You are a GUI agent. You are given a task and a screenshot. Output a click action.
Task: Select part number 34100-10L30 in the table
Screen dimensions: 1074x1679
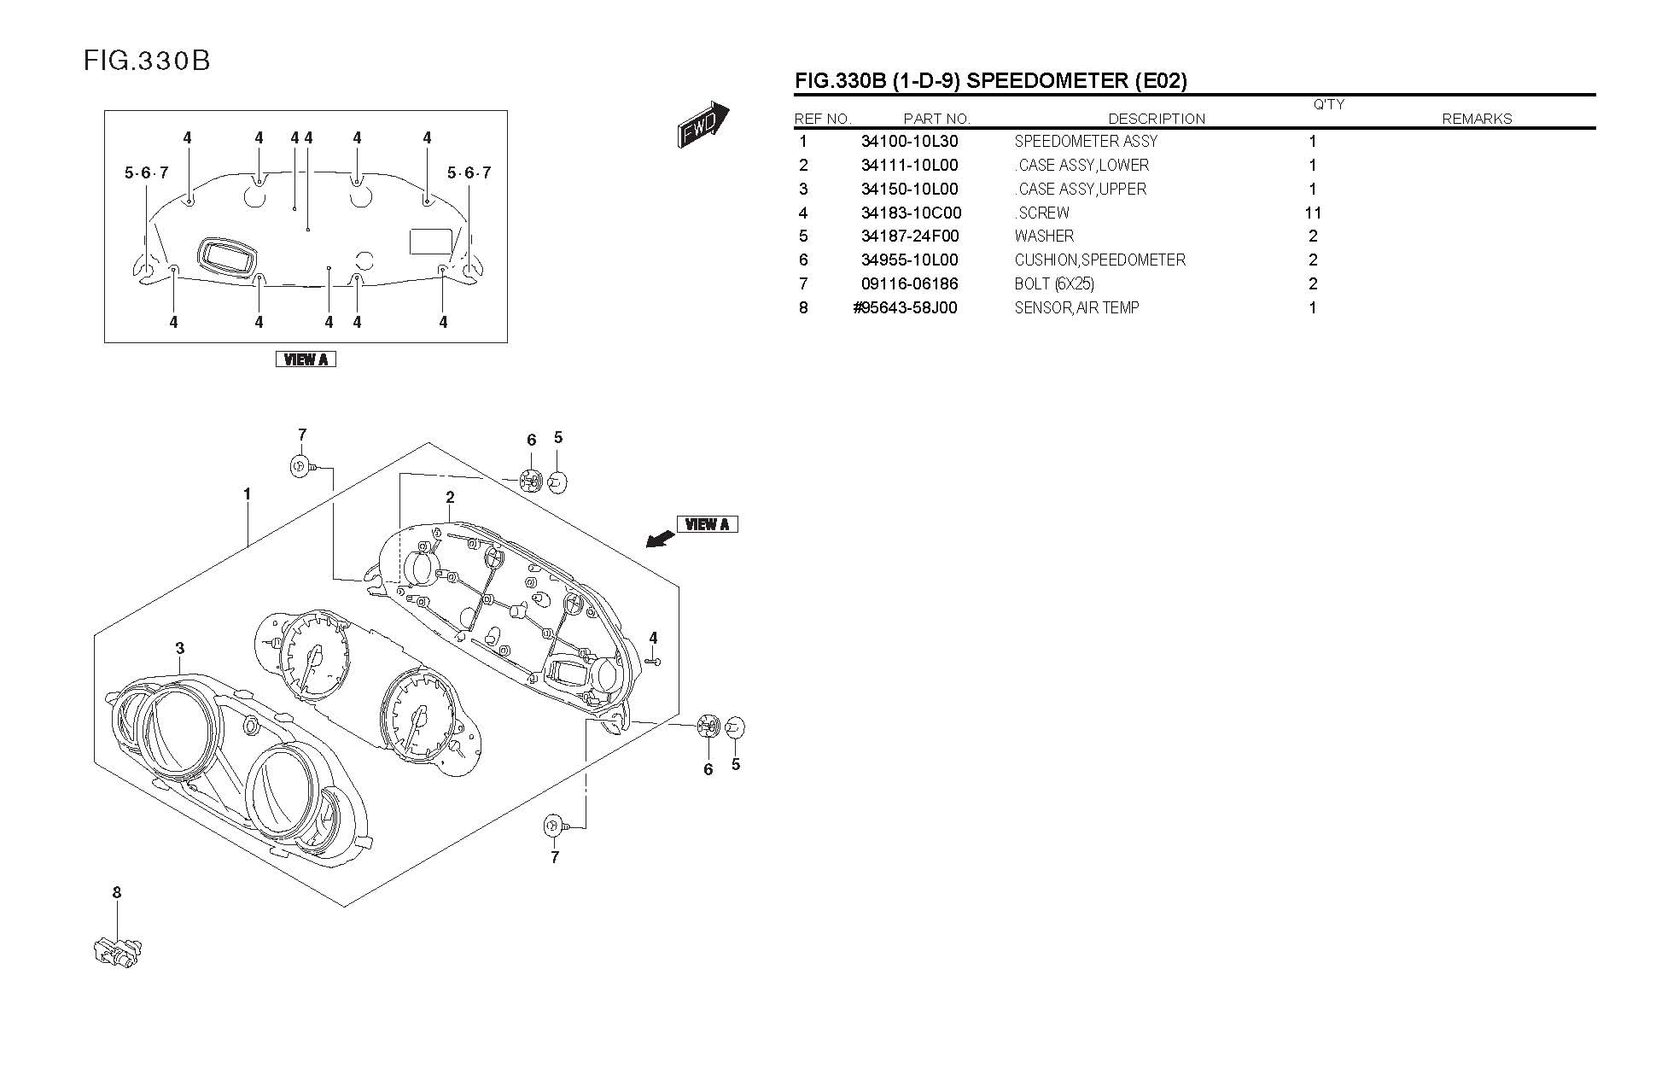click(909, 142)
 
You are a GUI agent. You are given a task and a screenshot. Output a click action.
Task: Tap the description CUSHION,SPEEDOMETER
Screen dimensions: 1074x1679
click(1099, 260)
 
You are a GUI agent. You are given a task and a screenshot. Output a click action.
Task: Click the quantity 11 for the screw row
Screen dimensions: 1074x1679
click(1313, 213)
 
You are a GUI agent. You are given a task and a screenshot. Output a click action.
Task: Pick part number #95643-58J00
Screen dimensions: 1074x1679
click(905, 308)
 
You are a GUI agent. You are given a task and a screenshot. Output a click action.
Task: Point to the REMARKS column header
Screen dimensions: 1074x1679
click(1477, 119)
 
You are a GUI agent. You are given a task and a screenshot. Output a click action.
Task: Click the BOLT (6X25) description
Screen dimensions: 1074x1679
click(1054, 284)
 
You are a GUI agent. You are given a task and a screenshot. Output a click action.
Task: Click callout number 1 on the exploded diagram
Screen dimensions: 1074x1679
click(248, 494)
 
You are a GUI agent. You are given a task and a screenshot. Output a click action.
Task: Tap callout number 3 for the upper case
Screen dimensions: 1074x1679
click(180, 649)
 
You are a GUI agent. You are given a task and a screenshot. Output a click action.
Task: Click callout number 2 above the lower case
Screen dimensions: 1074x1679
click(450, 498)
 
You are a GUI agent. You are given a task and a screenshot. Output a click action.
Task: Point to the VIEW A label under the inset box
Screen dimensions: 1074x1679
click(306, 359)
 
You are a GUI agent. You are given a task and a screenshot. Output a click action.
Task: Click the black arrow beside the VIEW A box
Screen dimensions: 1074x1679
click(657, 538)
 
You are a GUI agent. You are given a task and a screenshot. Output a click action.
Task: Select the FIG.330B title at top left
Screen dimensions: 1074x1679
click(147, 61)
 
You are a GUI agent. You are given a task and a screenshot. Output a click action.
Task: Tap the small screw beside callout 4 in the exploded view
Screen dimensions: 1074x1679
click(654, 661)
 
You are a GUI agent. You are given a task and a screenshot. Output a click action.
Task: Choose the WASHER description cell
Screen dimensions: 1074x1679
click(1044, 236)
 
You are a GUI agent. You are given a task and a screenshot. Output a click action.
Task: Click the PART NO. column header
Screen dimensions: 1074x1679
click(936, 119)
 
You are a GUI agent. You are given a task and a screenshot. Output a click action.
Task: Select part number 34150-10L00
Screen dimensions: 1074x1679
click(909, 190)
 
